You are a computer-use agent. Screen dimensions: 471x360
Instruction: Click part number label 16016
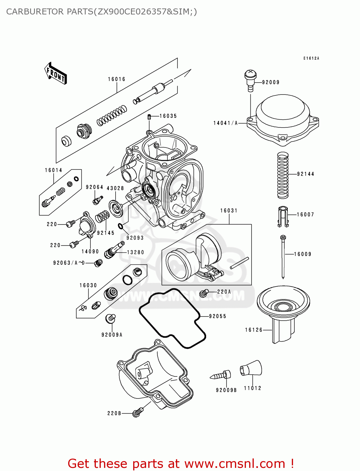coord(117,79)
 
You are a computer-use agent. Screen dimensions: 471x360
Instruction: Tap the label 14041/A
coord(226,123)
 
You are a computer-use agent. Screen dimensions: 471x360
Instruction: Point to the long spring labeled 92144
coord(283,175)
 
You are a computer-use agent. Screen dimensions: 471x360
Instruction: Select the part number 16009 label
coord(303,254)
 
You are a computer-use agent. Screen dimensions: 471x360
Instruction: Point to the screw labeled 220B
coord(138,412)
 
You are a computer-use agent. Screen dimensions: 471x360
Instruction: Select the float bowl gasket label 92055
coord(217,316)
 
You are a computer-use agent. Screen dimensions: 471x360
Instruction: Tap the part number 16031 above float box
coord(229,211)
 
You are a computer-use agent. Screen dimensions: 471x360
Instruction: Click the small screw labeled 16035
coord(150,117)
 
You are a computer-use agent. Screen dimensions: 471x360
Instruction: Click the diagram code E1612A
coord(311,58)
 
